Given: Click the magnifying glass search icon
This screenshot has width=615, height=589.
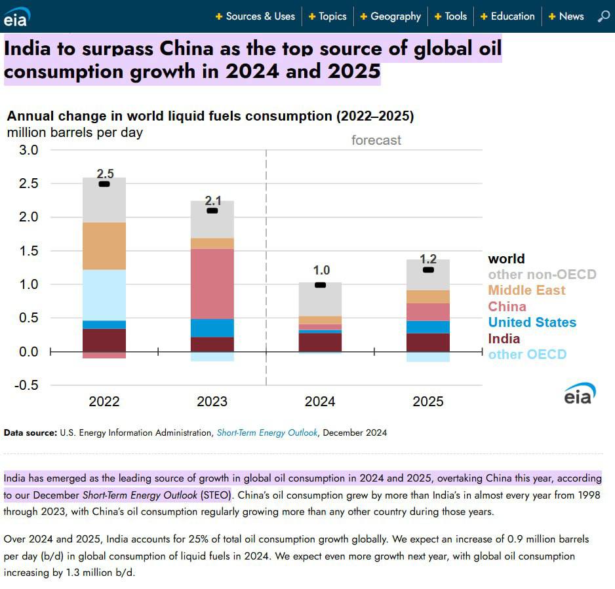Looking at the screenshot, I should tap(604, 16).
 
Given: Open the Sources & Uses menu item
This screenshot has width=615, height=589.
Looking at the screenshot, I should tap(260, 16).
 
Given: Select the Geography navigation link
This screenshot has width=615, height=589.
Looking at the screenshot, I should tap(395, 16).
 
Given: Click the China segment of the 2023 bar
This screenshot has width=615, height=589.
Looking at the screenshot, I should tap(212, 284).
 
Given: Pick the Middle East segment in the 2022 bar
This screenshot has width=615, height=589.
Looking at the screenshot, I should tap(104, 246).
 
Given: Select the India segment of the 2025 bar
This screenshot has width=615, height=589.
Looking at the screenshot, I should tap(428, 342).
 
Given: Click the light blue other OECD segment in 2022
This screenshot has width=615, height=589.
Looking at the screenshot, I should tap(104, 295).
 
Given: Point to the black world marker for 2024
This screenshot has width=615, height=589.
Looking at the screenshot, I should tap(321, 285).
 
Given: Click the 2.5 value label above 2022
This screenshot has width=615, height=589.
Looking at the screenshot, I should tap(105, 174).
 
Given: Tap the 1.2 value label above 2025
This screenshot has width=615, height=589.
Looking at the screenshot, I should tap(428, 259).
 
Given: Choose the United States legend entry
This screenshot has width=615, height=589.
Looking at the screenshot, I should tap(532, 322).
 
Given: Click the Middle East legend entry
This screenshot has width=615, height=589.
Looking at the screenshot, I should tap(526, 290).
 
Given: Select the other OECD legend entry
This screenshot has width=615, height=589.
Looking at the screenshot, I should tap(527, 354).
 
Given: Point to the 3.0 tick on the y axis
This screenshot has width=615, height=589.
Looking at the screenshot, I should tap(27, 150).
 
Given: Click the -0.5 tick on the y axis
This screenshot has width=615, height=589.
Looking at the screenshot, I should tap(25, 385).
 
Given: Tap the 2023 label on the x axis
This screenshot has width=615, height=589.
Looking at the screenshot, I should tap(212, 402).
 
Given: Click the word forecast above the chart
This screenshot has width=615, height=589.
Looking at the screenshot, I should tap(376, 140).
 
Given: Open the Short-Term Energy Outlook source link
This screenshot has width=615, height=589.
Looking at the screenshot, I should tap(267, 432).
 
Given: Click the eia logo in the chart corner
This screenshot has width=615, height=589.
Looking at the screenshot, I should tap(580, 394).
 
